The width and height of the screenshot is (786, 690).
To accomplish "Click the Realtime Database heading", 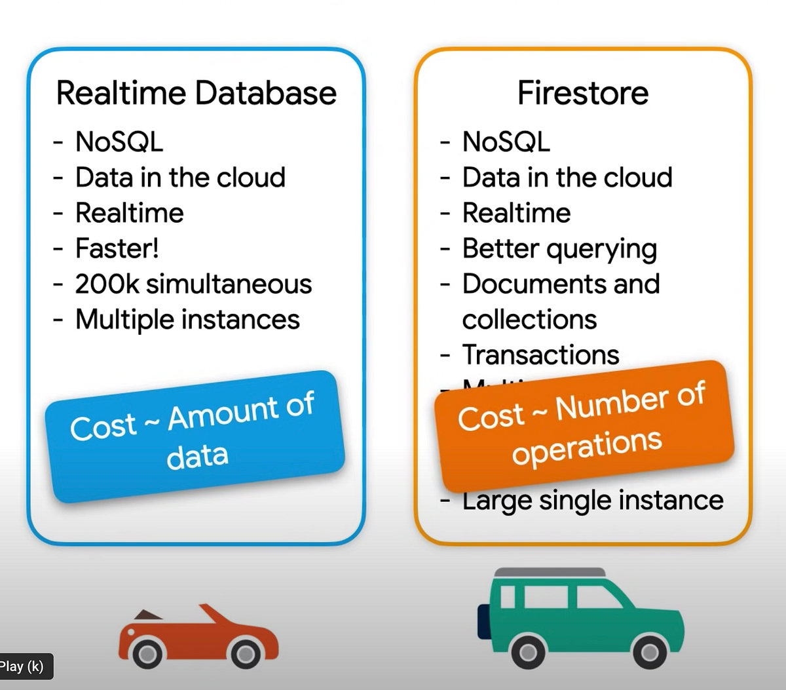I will pos(196,92).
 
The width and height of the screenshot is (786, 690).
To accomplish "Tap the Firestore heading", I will pos(582,92).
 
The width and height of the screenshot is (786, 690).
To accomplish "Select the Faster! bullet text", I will pos(117,248).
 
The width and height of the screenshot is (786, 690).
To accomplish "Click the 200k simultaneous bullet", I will pos(193,284).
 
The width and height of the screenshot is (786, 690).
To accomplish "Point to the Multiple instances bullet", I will pos(187,320).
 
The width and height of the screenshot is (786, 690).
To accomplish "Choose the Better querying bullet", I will pos(559,249).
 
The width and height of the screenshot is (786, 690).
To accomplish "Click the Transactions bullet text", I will pos(540,355).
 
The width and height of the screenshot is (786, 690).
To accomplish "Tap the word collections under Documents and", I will pos(529,320).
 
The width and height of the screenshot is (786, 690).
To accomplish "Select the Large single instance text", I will pos(593,500).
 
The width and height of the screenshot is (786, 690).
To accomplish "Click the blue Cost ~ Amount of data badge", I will pos(195,436).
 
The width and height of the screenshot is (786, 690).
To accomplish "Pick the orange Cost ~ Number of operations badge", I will pos(583,425).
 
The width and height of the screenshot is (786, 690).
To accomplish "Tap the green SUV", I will pos(580,616).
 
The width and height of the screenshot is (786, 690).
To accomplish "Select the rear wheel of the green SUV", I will pos(528,651).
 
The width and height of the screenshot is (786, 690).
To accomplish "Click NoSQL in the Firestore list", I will pos(506,142).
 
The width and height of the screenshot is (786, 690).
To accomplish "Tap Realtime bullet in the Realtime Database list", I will pos(129,213).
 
